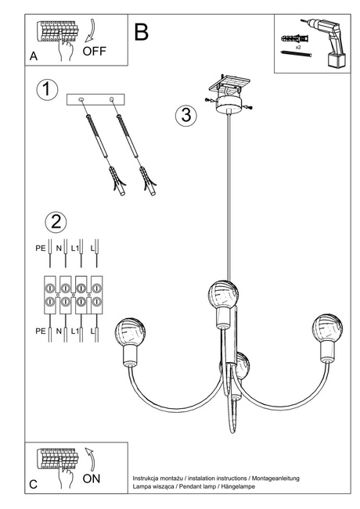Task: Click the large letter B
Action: tap(142, 31)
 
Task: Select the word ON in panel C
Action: tap(91, 479)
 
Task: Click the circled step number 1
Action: tap(47, 89)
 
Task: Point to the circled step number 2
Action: tap(55, 221)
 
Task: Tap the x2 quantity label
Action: tap(299, 48)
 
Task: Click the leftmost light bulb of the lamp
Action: tap(129, 332)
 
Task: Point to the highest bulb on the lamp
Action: tap(222, 295)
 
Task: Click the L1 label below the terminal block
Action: tap(76, 332)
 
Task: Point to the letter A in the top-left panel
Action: tap(33, 57)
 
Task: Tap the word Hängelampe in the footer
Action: tap(261, 486)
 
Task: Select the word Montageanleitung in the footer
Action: tap(273, 477)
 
